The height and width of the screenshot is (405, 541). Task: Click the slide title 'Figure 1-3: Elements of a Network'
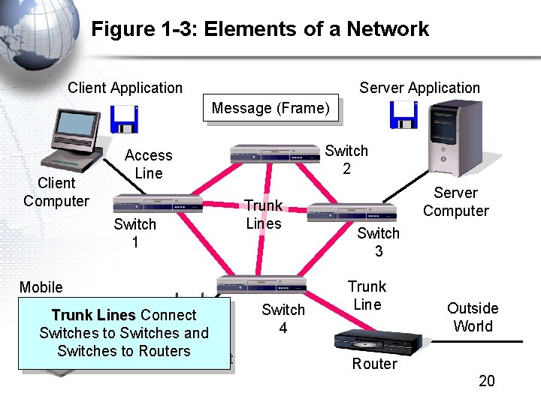click(260, 29)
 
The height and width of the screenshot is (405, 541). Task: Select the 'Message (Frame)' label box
click(270, 108)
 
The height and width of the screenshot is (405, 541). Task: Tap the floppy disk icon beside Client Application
click(123, 118)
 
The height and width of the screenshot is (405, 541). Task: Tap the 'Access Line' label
click(148, 164)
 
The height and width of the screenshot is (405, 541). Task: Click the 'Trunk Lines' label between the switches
click(263, 214)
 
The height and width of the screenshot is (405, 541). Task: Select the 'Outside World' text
click(473, 317)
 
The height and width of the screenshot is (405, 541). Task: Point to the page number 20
click(487, 381)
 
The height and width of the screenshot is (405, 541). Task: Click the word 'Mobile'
click(41, 287)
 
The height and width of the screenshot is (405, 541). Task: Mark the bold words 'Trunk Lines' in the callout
click(93, 315)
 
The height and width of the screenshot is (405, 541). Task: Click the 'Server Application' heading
click(419, 88)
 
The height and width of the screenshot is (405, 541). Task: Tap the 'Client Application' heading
click(125, 88)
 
